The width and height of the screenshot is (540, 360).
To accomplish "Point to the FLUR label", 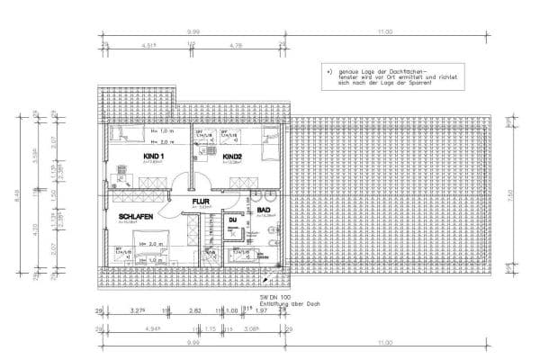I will point(200,202).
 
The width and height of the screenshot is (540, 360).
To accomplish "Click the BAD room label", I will point(264,211).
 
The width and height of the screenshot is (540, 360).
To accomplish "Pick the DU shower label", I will point(232,220).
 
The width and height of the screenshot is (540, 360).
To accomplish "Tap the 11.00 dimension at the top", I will point(385,31).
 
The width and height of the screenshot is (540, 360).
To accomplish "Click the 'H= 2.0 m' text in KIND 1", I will point(159,141).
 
